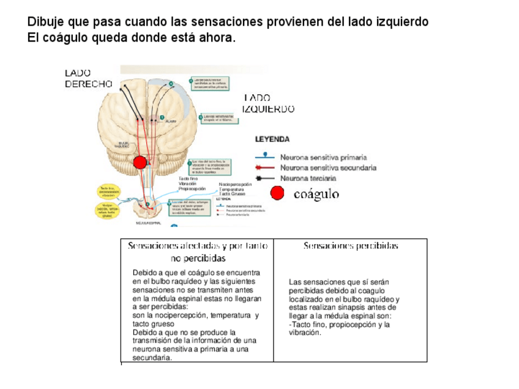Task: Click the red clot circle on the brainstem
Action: point(140,163)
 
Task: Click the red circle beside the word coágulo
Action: point(277,193)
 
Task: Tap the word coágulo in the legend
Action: point(316,194)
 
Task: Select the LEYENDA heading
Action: point(272,139)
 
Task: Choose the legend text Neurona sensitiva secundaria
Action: point(328,168)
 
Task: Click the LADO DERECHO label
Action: point(88,78)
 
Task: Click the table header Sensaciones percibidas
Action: point(351,246)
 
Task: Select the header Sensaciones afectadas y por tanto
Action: point(197,246)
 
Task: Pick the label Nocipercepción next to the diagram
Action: point(235,185)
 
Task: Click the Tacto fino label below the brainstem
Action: point(188,178)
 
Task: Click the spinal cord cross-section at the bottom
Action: point(148,210)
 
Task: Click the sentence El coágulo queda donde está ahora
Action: point(131,38)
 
